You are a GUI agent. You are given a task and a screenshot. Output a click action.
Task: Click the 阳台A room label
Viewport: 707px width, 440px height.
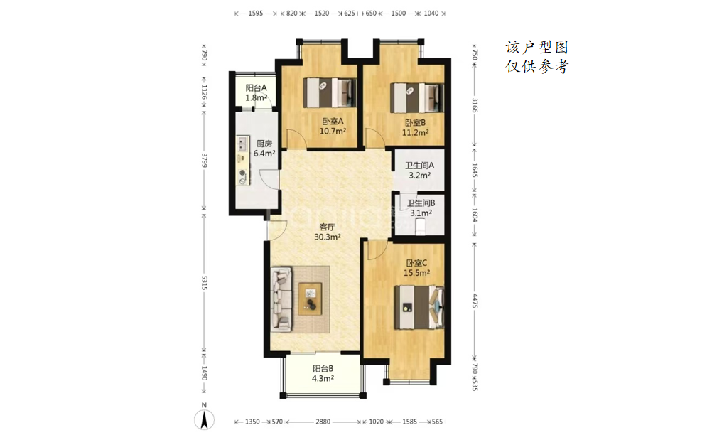click(256, 88)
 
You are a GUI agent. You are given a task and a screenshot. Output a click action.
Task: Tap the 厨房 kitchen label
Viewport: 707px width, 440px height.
click(264, 144)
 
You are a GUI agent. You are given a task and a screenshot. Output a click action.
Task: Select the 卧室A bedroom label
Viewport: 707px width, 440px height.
click(333, 122)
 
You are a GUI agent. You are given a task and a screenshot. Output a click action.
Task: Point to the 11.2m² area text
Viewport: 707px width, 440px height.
click(415, 133)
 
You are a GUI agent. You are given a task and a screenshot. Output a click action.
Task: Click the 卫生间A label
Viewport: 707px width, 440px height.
click(419, 166)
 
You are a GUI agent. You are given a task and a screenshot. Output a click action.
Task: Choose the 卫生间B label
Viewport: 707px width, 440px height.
click(421, 203)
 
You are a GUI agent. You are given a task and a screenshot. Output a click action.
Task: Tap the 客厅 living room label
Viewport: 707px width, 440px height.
click(327, 227)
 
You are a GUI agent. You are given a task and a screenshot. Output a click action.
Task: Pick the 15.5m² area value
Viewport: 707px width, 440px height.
click(416, 272)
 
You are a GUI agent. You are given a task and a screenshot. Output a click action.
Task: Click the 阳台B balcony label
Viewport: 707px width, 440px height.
click(323, 369)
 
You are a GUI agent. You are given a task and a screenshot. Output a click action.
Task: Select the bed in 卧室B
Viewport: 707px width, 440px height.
click(417, 97)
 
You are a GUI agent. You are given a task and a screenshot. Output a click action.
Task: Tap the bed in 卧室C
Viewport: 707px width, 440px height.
click(419, 307)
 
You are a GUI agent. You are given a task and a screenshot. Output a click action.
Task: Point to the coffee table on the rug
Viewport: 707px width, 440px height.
click(311, 299)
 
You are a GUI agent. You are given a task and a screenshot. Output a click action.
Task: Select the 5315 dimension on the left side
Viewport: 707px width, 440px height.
click(204, 282)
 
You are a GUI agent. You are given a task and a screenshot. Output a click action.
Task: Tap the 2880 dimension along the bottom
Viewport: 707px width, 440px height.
click(323, 422)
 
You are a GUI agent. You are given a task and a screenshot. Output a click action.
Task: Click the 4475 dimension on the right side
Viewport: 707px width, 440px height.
click(475, 301)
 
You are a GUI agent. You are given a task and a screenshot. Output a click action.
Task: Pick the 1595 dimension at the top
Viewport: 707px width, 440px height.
click(256, 14)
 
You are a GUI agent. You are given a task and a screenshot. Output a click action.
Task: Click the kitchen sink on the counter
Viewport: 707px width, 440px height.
click(242, 144)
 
